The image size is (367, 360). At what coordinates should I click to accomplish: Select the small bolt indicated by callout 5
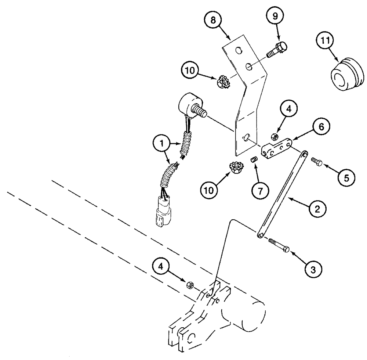point(317,161)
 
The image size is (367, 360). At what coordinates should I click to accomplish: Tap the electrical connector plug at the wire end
point(161,212)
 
